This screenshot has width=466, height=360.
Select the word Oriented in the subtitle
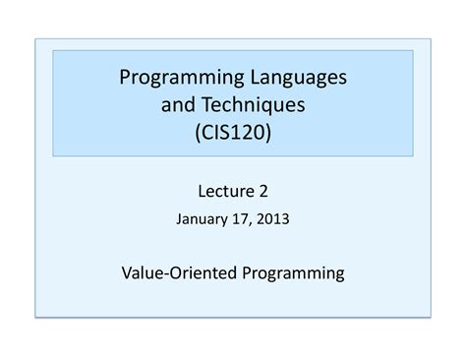click(x=204, y=272)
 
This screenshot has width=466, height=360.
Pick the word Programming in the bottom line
click(x=292, y=272)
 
